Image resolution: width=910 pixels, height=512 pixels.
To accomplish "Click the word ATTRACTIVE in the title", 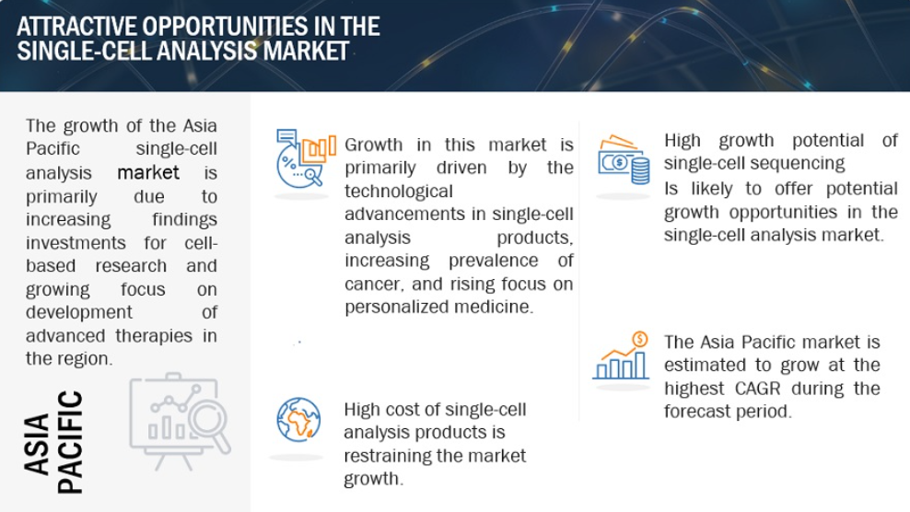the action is click(76, 27).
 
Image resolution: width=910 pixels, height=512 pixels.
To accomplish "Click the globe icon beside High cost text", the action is click(298, 420).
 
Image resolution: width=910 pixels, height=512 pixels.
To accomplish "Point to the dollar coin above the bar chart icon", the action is click(639, 339).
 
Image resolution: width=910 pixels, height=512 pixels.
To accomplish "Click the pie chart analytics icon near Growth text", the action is click(305, 158).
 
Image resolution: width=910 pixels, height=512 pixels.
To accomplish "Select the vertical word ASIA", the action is click(38, 444).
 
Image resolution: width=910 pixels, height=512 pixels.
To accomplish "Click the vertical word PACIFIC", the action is click(70, 442).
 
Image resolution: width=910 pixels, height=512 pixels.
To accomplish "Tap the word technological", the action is click(398, 192).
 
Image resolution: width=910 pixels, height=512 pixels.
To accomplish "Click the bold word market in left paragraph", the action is click(148, 172).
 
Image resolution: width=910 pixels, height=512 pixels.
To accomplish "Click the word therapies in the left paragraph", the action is click(153, 336).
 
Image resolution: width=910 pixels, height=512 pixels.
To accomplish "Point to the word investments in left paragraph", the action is click(76, 243).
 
